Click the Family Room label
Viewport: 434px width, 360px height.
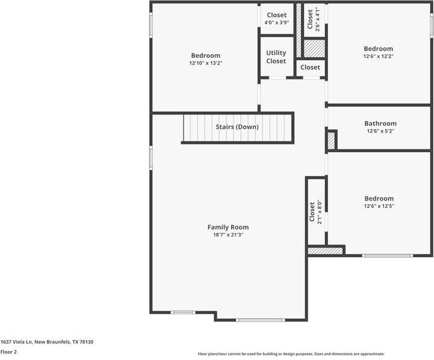coord(228,227)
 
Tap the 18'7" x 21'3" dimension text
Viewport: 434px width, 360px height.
coord(228,235)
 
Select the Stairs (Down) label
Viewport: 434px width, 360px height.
coord(237,127)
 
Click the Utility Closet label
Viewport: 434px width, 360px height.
coord(276,57)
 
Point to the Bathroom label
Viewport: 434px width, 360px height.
coord(380,123)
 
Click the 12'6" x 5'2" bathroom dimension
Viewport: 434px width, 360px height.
coord(380,131)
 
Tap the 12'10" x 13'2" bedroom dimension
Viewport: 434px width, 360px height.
coord(206,63)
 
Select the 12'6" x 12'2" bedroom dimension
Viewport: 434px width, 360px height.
coord(378,57)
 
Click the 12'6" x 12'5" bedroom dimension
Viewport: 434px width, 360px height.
coord(379,206)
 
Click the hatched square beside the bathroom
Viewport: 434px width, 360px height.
coord(331,140)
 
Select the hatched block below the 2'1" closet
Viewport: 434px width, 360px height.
coord(325,250)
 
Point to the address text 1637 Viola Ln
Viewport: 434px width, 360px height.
coord(47,342)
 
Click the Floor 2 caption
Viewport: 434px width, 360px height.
coord(8,352)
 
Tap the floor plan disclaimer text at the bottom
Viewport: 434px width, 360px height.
coord(291,354)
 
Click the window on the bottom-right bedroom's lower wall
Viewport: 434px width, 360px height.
coord(387,256)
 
